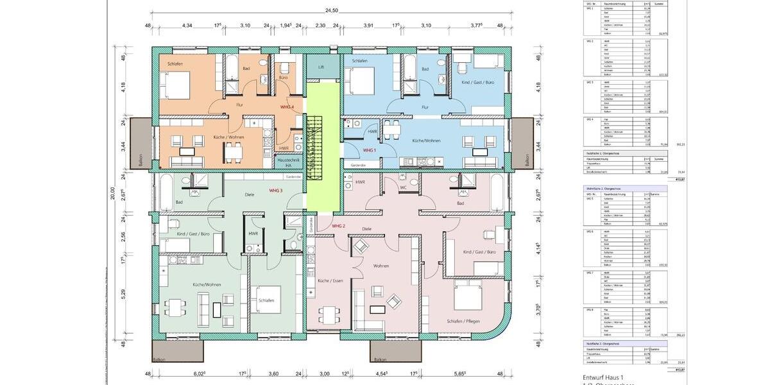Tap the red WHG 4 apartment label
click(x=287, y=107)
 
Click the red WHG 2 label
click(x=338, y=227)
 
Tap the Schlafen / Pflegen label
click(x=465, y=321)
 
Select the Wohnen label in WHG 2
click(x=382, y=264)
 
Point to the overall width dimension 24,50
click(x=332, y=11)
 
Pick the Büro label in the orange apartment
click(x=283, y=77)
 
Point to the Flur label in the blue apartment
click(x=425, y=107)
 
